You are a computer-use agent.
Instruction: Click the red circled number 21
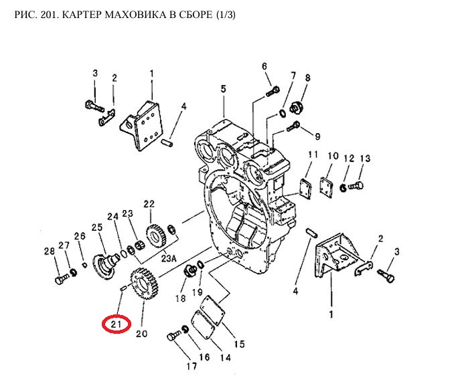[x=117, y=324]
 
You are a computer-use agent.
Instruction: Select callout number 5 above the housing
[x=224, y=89]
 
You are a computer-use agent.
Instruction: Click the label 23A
[x=169, y=258]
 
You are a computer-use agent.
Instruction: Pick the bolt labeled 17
[x=173, y=336]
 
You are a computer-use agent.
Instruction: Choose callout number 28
[x=50, y=251]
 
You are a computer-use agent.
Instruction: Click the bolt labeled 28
[x=62, y=280]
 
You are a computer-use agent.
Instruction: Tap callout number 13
[x=365, y=158]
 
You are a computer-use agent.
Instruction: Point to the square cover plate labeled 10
[x=327, y=187]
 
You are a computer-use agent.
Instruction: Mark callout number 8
[x=308, y=78]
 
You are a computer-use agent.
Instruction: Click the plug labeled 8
[x=296, y=108]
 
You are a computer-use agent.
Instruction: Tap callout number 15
[x=239, y=344]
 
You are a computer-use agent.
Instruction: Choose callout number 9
[x=317, y=136]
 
